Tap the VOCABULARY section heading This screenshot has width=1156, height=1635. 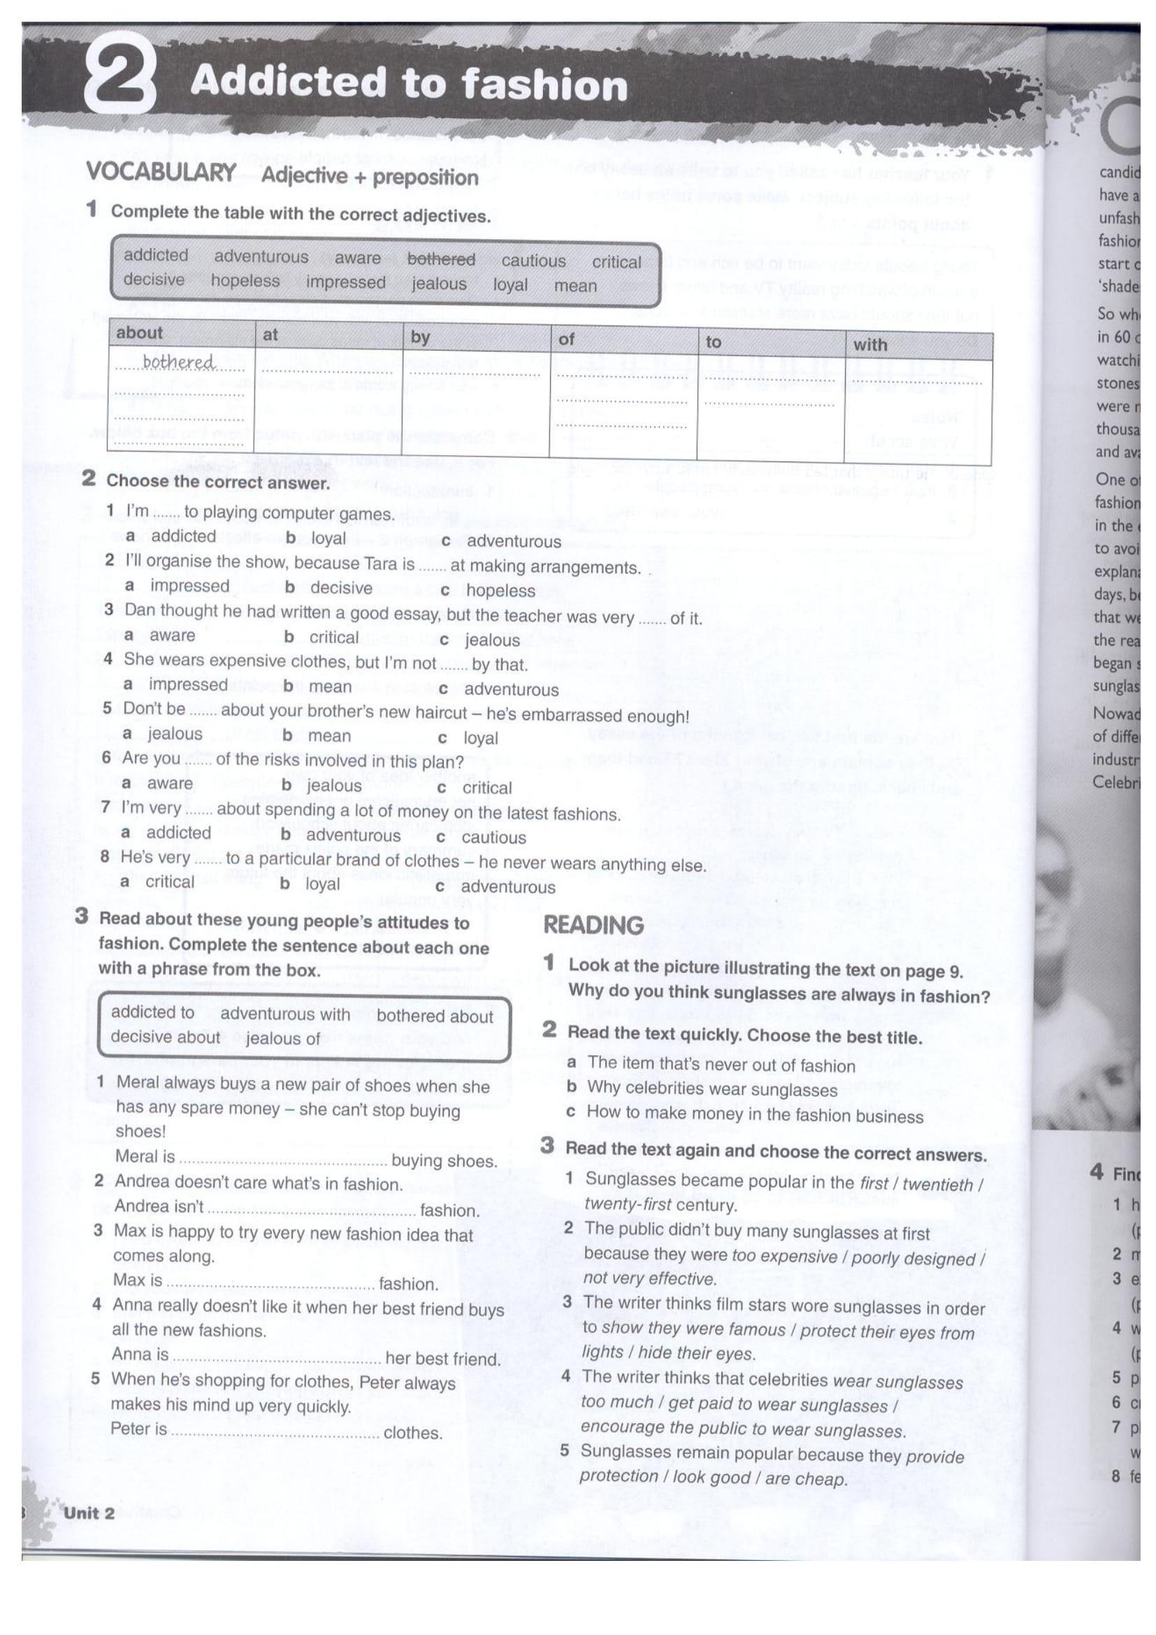tap(161, 173)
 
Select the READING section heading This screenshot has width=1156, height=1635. tap(593, 925)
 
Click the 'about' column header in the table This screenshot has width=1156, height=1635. tap(140, 333)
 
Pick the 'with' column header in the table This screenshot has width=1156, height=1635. tap(870, 345)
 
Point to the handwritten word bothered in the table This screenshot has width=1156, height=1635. tap(178, 363)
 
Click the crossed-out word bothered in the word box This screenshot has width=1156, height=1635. tap(440, 259)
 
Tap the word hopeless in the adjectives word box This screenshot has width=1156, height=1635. tap(245, 280)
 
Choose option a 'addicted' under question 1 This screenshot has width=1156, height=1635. tap(182, 536)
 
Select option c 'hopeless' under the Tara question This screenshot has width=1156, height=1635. tap(500, 591)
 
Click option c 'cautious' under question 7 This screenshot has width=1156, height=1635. tap(493, 837)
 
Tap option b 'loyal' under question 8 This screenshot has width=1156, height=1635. tap(321, 884)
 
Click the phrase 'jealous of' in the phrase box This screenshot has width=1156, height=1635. tap(282, 1039)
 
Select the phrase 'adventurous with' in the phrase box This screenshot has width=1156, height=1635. tap(284, 1014)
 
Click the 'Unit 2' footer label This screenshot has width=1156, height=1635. tap(89, 1513)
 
